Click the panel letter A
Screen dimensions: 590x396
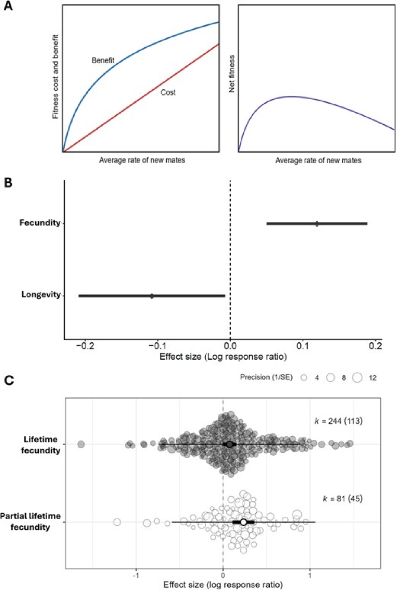tap(8, 6)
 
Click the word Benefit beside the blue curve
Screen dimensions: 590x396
tap(103, 60)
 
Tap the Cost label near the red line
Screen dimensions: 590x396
tap(168, 93)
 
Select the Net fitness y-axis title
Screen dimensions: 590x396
tap(232, 74)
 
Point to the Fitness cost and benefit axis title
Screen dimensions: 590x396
tap(55, 77)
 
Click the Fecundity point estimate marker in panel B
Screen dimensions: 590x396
tap(317, 224)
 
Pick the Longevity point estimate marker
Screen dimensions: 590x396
tap(152, 296)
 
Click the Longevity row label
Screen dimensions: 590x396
tap(41, 295)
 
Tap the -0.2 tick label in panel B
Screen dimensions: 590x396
tap(85, 346)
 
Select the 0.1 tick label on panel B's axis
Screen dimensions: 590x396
tap(303, 346)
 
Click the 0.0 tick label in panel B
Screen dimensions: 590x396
tap(230, 346)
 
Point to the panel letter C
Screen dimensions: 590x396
tap(9, 381)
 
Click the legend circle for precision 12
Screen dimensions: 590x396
tap(357, 378)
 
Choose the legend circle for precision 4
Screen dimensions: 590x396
tap(304, 378)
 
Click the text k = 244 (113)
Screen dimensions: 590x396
tap(339, 421)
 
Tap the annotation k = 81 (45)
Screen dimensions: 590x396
tap(343, 499)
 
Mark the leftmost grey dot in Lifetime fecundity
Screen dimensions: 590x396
tap(81, 444)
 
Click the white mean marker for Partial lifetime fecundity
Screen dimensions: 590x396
tap(243, 522)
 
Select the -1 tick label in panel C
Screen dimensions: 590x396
tap(136, 575)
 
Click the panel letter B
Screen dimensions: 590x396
tap(8, 183)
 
